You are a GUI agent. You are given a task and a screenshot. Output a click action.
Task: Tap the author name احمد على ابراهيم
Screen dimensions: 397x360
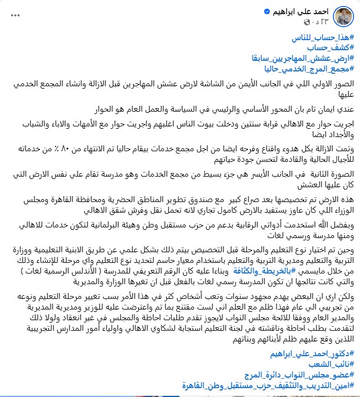[302, 11]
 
